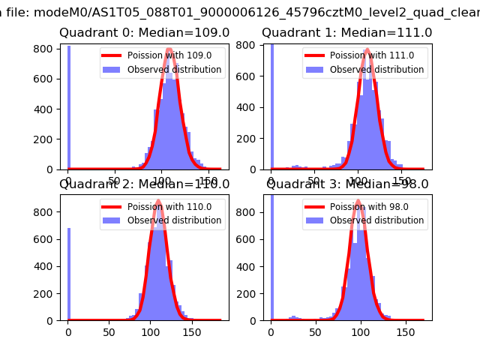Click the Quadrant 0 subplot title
[x=144, y=33]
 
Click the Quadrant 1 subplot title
[x=346, y=33]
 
